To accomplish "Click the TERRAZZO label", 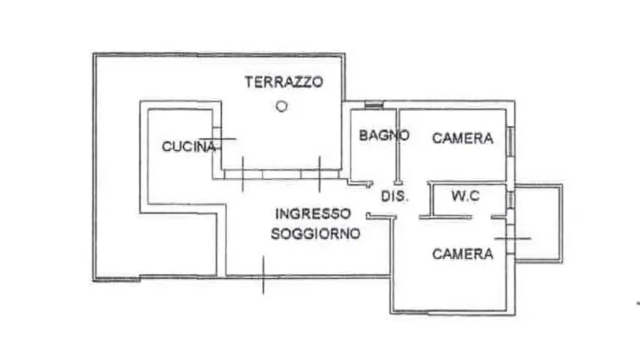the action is [x=284, y=82].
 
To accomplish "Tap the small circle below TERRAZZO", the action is [x=282, y=106].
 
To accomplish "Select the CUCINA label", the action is [x=188, y=146].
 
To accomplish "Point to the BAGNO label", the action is [x=384, y=135].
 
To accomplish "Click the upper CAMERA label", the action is [x=462, y=138].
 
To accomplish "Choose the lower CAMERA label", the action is [x=462, y=254].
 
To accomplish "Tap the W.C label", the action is [x=465, y=196].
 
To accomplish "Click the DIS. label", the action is [x=395, y=196].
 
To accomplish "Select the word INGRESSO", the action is [x=313, y=214].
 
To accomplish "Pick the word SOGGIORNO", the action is [x=316, y=234].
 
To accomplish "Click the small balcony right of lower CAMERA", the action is [x=539, y=223].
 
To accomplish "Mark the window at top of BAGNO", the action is [x=374, y=105].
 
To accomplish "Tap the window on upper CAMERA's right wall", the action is [x=511, y=142].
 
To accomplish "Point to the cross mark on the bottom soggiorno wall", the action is [x=263, y=276].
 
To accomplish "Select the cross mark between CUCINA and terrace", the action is [x=217, y=139].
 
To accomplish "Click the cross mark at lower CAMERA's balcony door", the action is [x=512, y=238].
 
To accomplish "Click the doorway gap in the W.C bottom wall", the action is [x=482, y=217].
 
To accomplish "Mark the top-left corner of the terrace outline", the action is [x=94, y=54].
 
